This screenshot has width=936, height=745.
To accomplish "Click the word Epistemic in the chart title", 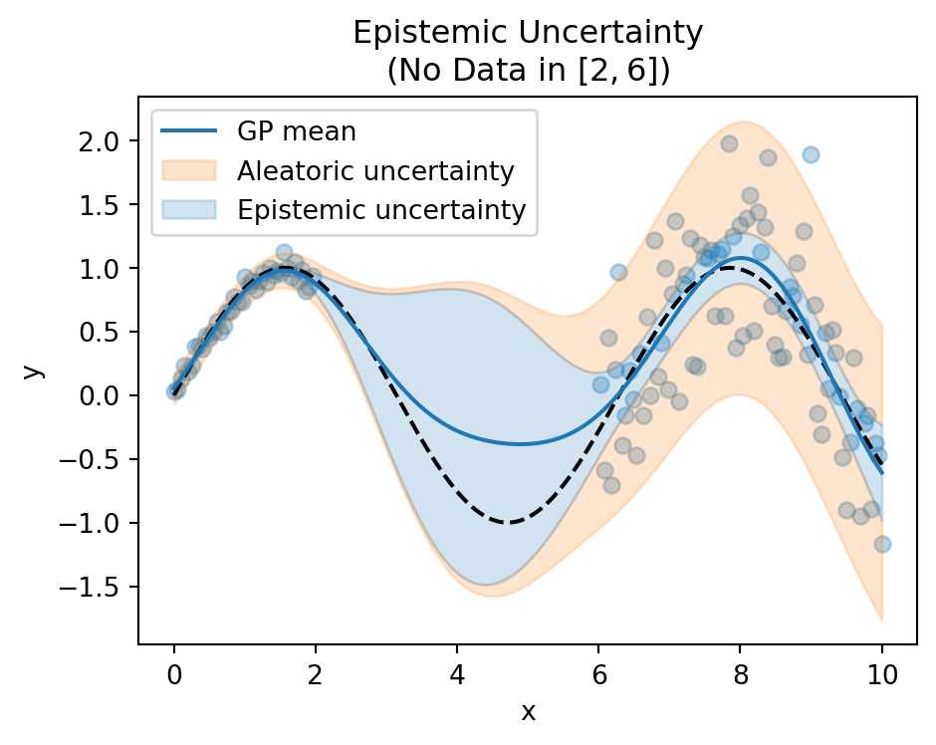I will pyautogui.click(x=427, y=33).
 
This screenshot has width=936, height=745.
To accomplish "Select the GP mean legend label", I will pyautogui.click(x=296, y=130).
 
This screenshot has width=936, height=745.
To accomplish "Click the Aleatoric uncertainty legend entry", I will pyautogui.click(x=375, y=170).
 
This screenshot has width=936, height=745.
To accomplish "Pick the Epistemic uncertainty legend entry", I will pyautogui.click(x=381, y=210).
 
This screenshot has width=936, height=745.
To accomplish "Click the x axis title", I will pyautogui.click(x=528, y=711).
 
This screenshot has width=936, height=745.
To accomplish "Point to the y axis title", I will pyautogui.click(x=34, y=371).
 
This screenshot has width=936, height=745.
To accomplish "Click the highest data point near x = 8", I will pyautogui.click(x=729, y=143).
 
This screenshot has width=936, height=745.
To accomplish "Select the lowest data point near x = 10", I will pyautogui.click(x=882, y=544).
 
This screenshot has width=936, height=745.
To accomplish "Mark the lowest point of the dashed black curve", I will pyautogui.click(x=508, y=522).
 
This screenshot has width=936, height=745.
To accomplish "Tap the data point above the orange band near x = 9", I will pyautogui.click(x=811, y=154).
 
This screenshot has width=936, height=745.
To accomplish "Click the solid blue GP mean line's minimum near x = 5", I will pyautogui.click(x=520, y=444).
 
